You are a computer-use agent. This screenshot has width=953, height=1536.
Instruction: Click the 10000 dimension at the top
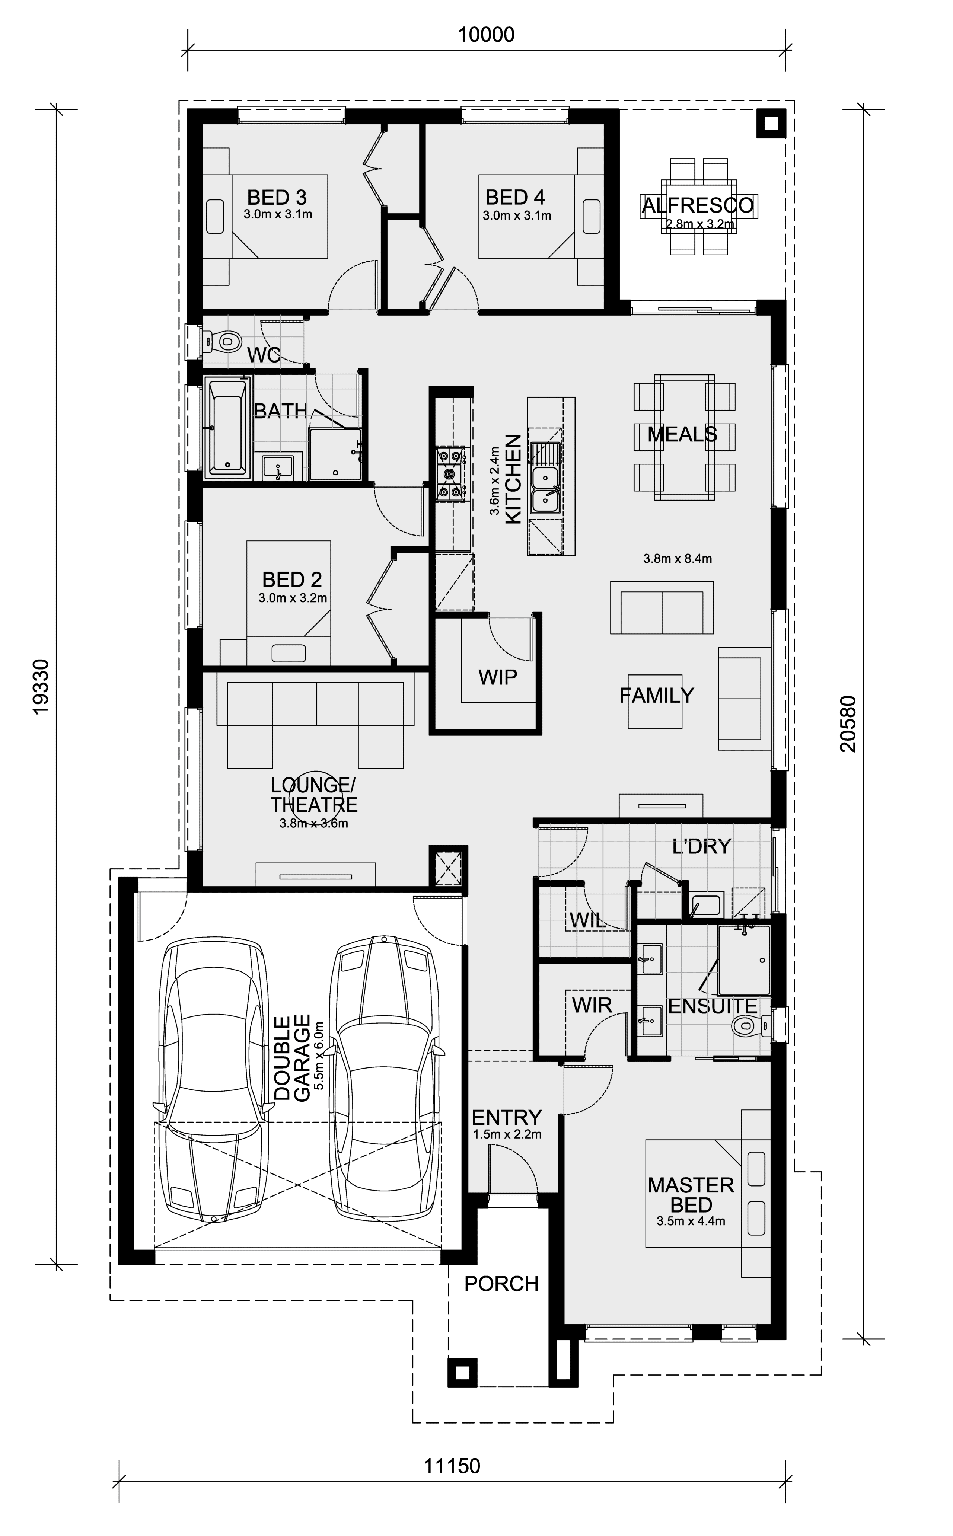point(486,35)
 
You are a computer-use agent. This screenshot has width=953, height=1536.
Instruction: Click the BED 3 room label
point(277,198)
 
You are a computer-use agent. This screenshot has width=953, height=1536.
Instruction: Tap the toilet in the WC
point(225,342)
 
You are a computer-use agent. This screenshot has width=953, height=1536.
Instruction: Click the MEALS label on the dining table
point(682,434)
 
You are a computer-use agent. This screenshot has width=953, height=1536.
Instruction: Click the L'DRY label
point(701,846)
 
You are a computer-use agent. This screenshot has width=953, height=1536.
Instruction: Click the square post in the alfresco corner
point(771,124)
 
